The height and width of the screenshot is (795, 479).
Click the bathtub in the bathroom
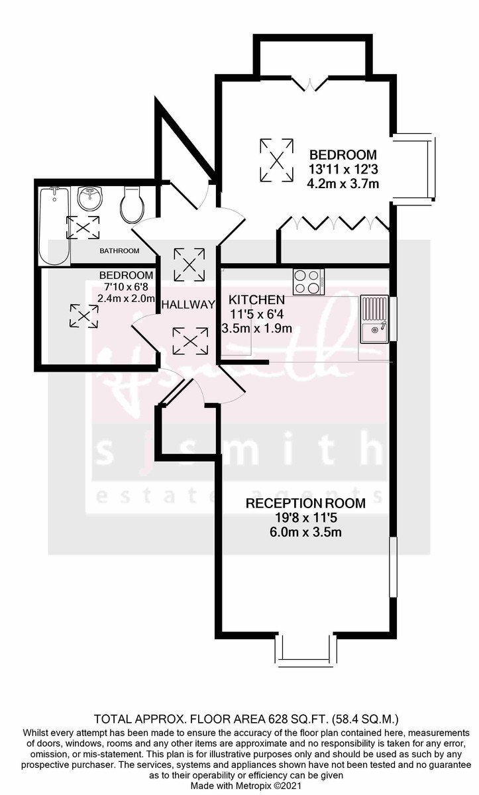tap(54, 225)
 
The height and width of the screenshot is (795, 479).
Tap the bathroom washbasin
tap(89, 197)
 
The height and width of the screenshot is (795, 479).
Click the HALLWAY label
tap(189, 305)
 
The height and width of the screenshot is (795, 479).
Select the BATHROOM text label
tap(119, 250)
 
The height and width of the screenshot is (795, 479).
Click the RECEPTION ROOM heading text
tap(305, 503)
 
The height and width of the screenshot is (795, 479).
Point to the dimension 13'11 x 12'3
tap(341, 169)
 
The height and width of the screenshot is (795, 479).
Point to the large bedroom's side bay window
tap(415, 168)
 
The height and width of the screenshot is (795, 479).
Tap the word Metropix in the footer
tap(246, 785)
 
